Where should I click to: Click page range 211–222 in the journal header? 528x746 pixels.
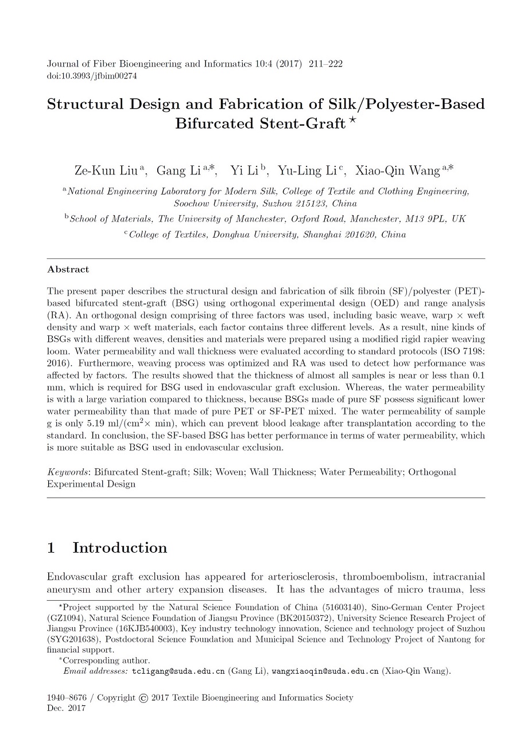tap(325, 64)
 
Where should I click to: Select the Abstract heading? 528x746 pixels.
tap(68, 269)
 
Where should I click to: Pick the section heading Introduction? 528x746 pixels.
tap(119, 548)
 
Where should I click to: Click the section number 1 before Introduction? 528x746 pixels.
tap(51, 548)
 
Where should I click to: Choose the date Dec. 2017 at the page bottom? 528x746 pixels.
tap(65, 708)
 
